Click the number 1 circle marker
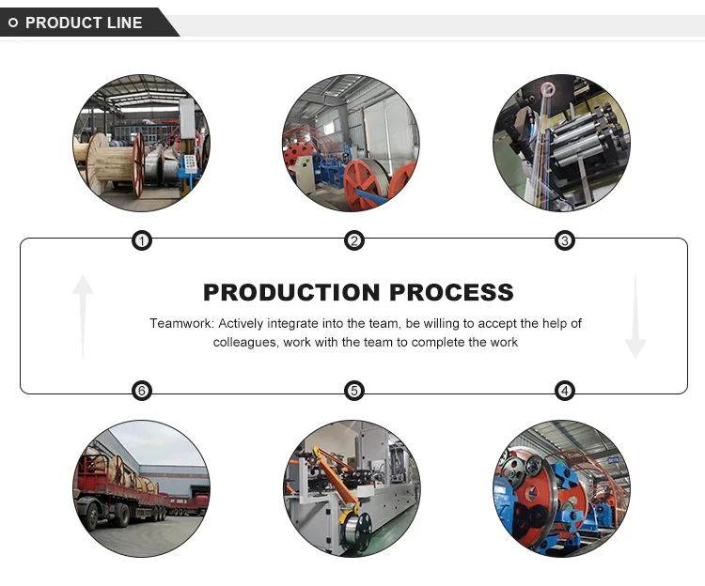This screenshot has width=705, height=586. (x=141, y=241)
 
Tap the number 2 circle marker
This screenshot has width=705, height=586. (x=354, y=241)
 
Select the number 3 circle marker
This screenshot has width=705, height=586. (x=565, y=241)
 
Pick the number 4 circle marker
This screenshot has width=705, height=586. (x=565, y=391)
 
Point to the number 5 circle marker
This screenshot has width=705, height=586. (x=354, y=391)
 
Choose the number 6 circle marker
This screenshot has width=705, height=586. (x=141, y=391)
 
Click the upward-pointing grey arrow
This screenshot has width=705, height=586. (x=84, y=315)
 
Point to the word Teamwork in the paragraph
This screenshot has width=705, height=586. (x=181, y=323)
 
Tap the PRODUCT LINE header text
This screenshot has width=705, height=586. (x=84, y=23)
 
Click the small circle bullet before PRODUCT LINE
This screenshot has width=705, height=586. (x=15, y=23)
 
